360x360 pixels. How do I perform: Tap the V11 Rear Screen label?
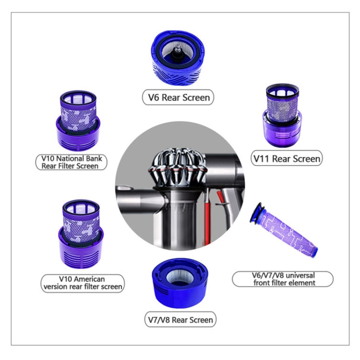click(x=287, y=158)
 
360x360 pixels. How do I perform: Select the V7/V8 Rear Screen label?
click(x=180, y=319)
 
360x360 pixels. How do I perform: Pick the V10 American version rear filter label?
click(x=81, y=283)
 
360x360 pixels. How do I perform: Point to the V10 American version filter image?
click(x=81, y=233)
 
